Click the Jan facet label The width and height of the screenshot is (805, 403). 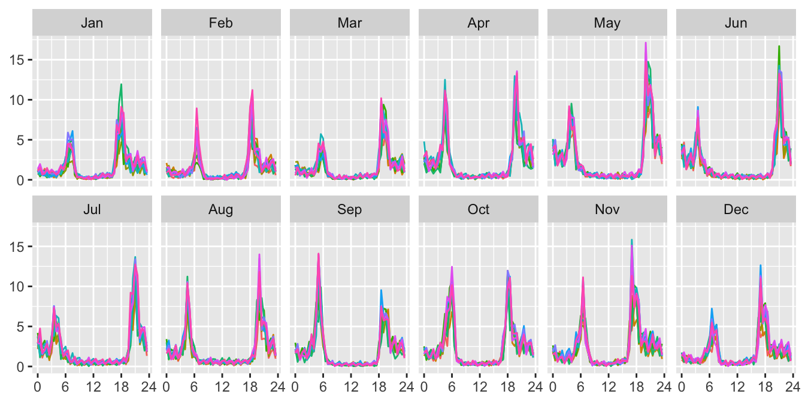coord(92,23)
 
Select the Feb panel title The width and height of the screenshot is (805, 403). coord(220,23)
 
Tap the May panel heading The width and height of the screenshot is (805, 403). coord(607,23)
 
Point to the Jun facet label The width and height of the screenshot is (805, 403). coord(736,23)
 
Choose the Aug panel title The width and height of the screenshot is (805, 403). coord(220,209)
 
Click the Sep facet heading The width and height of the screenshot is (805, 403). coord(349,209)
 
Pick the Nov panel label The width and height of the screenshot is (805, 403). coord(607,209)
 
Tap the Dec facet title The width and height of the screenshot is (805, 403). coord(736,209)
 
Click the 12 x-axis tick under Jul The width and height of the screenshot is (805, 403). coord(93,387)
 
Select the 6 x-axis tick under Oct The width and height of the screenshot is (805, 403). coord(452,387)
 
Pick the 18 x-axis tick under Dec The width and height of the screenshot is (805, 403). coord(765,387)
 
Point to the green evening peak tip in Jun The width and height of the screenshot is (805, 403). coord(779,46)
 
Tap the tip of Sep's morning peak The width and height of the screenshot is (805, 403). coord(318,254)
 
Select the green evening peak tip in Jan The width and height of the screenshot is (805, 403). coord(121,84)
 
